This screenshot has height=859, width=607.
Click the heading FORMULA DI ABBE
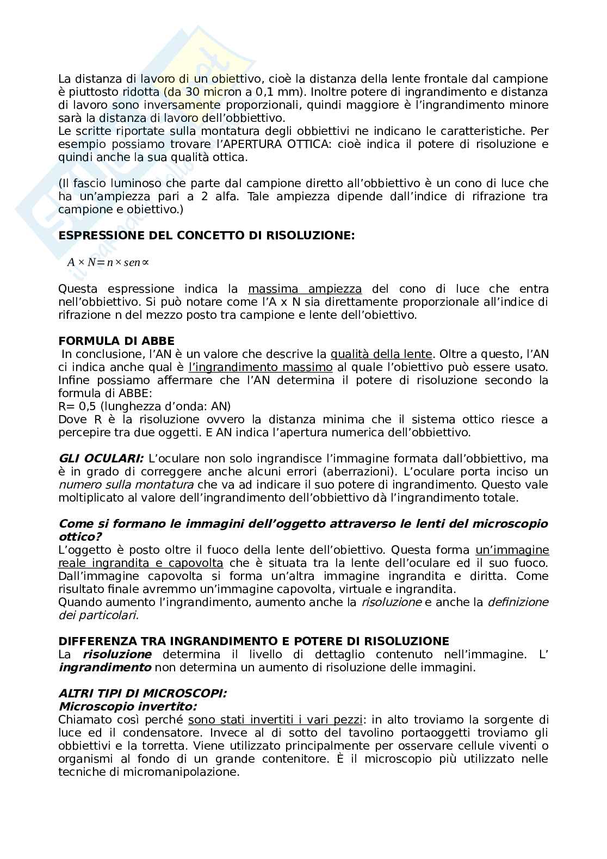tap(116, 341)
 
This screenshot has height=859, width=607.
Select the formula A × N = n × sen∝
tap(108, 262)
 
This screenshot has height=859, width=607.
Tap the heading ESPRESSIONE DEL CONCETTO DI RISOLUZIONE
tap(206, 236)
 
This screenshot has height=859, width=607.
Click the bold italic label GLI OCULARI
tap(101, 459)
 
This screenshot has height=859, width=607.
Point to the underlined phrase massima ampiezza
tap(305, 289)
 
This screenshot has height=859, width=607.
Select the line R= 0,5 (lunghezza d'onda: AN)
tap(144, 406)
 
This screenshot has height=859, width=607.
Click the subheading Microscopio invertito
tap(127, 707)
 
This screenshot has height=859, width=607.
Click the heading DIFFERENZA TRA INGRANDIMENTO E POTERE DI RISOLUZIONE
tap(253, 641)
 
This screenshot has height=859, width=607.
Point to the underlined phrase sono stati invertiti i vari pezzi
tap(275, 720)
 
